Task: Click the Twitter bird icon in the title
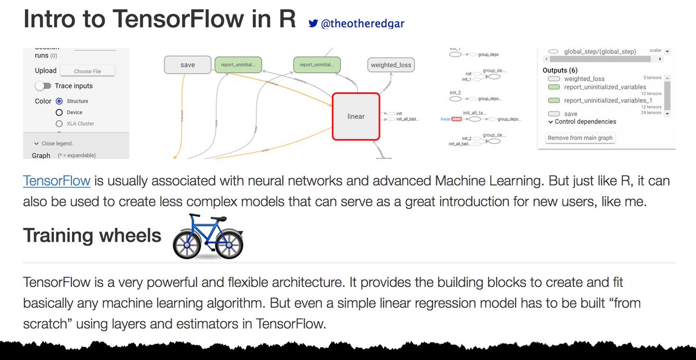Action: tap(313, 24)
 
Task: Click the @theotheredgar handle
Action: tap(362, 24)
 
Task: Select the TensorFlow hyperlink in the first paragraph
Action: tap(57, 180)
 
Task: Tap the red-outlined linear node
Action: tap(356, 117)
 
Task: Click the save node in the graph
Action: tap(187, 65)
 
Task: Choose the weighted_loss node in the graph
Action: tap(390, 65)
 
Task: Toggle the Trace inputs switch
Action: tap(43, 86)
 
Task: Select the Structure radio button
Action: tap(59, 101)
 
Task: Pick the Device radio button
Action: tap(59, 112)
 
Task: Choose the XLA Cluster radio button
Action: tap(59, 123)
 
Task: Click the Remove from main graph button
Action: tap(580, 138)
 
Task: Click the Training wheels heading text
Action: tap(92, 235)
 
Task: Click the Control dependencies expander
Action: tap(582, 122)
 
